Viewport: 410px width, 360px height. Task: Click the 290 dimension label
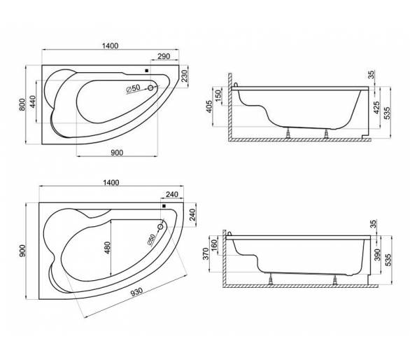[164, 56]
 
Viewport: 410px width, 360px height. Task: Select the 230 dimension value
[184, 76]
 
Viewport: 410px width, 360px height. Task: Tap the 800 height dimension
[22, 104]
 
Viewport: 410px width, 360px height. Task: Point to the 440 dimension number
[33, 102]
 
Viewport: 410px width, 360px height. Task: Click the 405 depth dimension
[209, 106]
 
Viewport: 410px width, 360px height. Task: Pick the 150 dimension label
[218, 93]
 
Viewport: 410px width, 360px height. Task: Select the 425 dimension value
[376, 107]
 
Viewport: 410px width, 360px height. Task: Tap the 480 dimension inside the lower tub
[108, 247]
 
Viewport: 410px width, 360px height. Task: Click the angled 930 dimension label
[136, 292]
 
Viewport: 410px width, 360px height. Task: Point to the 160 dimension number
[214, 245]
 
